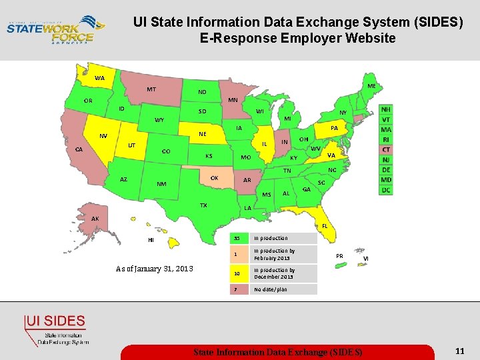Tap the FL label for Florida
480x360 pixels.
coord(325,226)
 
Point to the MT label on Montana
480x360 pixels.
coord(152,89)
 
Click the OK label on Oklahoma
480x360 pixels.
coord(214,178)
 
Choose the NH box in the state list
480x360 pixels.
coord(386,109)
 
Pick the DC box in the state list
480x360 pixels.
coord(386,190)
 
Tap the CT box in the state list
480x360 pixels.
coord(386,149)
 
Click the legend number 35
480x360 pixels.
coord(237,238)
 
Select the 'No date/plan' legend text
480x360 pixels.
coord(270,289)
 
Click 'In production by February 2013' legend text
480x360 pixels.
coord(274,254)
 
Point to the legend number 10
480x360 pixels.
coord(237,273)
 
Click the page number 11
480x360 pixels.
coord(459,351)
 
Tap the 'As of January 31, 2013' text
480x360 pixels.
coord(155,269)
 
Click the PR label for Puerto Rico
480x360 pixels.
coord(339,256)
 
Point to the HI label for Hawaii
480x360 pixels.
coord(151,239)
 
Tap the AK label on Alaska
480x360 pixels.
coord(95,219)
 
